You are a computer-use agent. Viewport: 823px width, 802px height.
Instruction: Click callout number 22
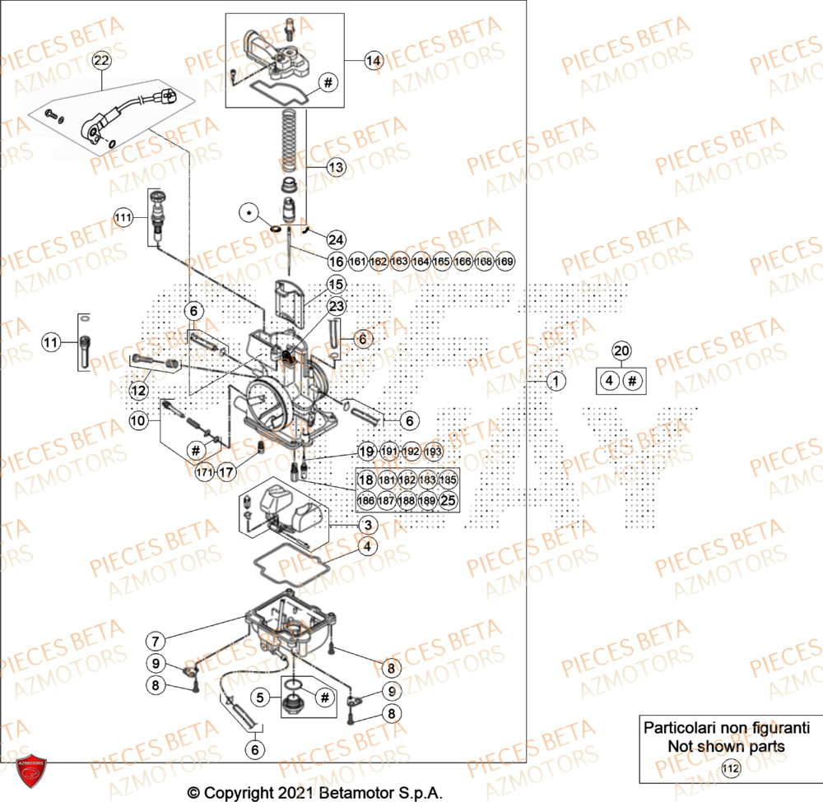(100, 61)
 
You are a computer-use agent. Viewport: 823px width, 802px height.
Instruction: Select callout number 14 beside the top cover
(374, 60)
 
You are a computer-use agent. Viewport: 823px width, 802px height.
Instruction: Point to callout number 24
(336, 240)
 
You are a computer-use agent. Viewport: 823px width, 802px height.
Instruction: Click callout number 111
(123, 218)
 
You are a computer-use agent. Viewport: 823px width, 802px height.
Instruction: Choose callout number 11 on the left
(51, 342)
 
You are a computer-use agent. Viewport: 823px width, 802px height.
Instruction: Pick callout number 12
(138, 389)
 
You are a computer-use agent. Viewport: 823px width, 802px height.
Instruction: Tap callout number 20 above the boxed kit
(622, 351)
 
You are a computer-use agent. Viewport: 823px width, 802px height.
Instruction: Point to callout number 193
(432, 452)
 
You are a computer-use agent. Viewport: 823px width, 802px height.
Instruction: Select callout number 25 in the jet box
(447, 499)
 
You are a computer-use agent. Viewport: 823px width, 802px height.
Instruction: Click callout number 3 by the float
(367, 526)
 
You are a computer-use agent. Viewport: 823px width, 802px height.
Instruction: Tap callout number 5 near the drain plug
(261, 698)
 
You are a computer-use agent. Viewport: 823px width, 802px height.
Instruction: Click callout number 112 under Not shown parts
(729, 769)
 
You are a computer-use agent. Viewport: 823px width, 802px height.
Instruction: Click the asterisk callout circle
(249, 213)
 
